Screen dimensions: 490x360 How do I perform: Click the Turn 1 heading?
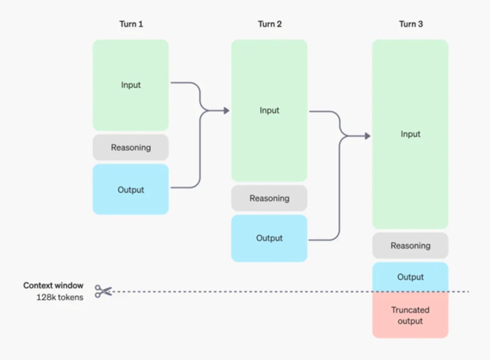coord(131,24)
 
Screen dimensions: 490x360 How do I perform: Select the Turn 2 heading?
coord(270,24)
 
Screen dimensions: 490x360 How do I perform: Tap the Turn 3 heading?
coord(411,24)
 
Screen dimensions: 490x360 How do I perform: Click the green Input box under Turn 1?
coord(130,85)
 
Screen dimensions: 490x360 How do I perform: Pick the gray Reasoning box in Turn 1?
coord(130,148)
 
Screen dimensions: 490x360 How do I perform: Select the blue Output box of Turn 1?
coord(130,189)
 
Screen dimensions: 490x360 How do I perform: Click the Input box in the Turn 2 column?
coord(269,111)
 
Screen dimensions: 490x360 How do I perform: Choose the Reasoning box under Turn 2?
coord(269,198)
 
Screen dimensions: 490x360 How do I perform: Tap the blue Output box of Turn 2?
coord(269,238)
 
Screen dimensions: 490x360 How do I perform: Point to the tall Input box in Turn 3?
coord(410,134)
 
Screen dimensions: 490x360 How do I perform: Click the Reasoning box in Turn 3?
coord(410,245)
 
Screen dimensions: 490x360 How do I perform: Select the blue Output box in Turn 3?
coord(410,277)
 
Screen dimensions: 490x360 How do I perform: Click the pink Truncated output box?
coord(410,315)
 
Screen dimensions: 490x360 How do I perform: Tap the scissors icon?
coord(103,291)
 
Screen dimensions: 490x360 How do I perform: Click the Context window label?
coord(53,286)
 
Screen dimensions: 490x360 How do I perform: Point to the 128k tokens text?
coord(60,297)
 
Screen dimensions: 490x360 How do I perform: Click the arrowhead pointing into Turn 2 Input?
coord(227,111)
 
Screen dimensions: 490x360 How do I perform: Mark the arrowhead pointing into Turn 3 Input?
coord(368,136)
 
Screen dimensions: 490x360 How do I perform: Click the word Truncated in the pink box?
coord(410,310)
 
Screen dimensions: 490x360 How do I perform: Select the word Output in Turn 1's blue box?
coord(130,190)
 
